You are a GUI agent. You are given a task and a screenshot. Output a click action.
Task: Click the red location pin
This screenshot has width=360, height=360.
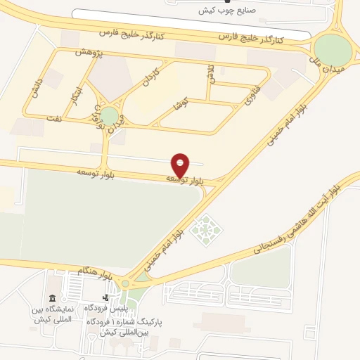click(181, 165)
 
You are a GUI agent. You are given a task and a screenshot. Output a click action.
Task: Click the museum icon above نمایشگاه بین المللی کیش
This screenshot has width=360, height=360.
click(51, 299)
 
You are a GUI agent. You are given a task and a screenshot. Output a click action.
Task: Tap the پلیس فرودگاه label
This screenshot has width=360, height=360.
click(105, 309)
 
